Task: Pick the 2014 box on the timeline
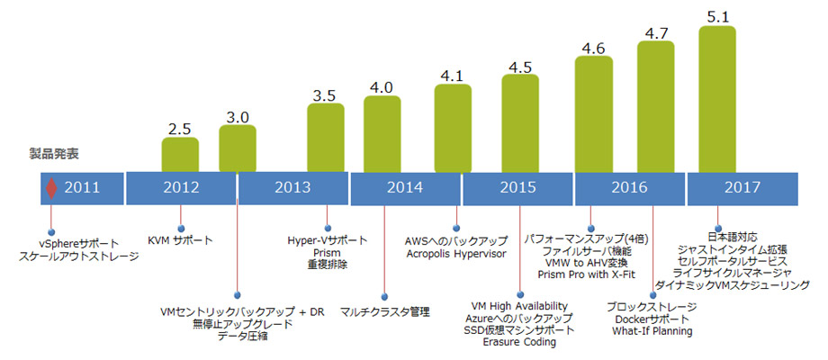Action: click(405, 188)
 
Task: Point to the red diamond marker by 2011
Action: click(51, 189)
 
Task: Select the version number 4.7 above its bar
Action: click(656, 32)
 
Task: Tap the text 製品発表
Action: click(49, 154)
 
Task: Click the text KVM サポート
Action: click(180, 240)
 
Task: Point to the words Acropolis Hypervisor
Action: click(456, 254)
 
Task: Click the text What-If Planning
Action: click(653, 331)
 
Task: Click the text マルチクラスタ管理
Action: click(385, 311)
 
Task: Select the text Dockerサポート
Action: click(653, 319)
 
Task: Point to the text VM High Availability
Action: click(519, 306)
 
